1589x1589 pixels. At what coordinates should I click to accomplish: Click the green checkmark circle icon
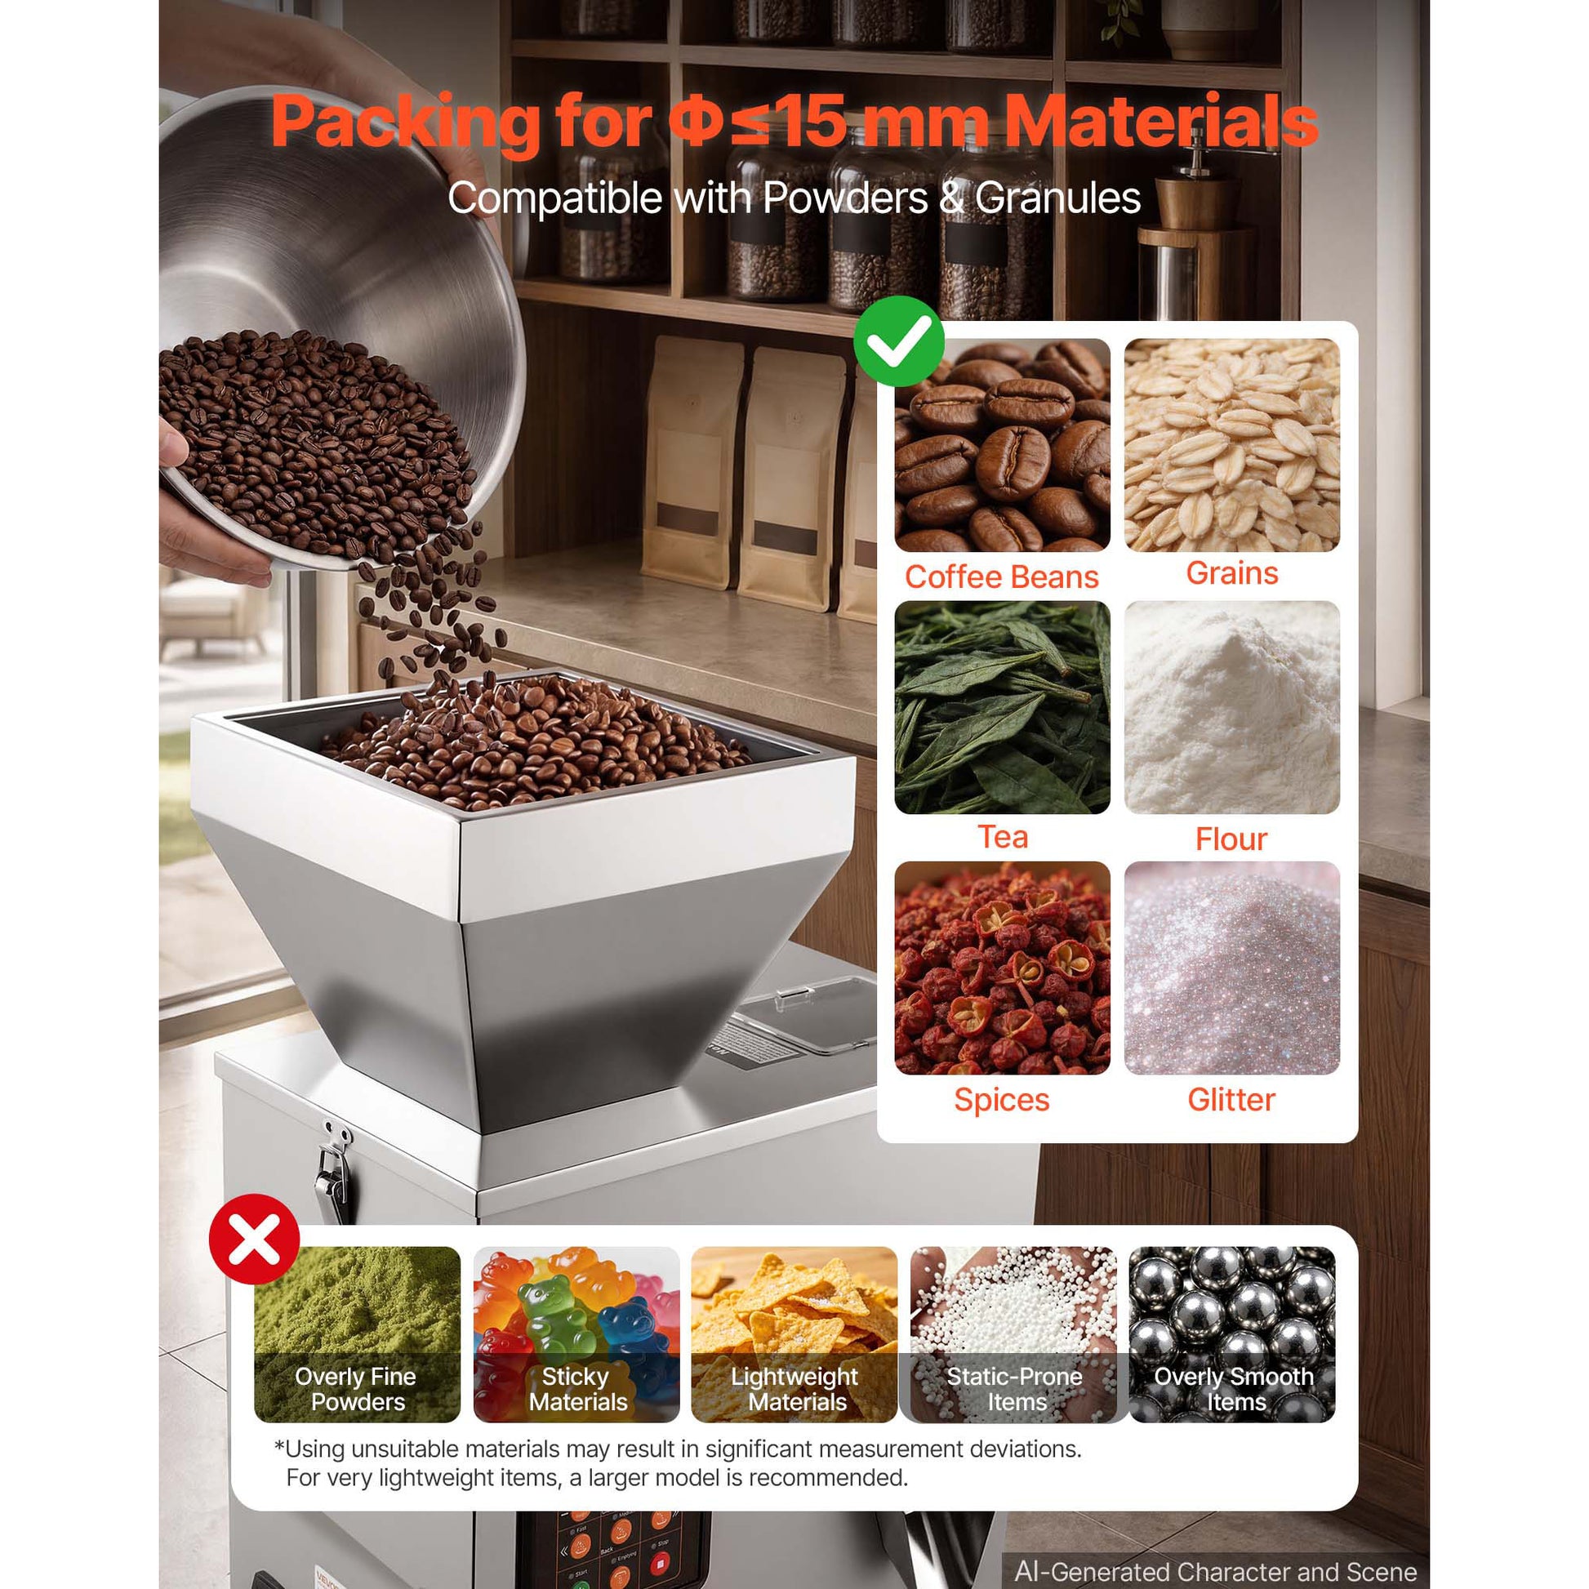point(898,341)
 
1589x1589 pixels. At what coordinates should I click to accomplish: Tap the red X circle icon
point(254,1239)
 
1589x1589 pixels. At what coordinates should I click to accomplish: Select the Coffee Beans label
point(1002,576)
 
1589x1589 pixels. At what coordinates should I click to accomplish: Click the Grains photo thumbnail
point(1231,445)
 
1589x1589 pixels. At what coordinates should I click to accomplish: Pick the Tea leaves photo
point(1002,707)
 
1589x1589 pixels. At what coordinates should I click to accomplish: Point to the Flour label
point(1231,839)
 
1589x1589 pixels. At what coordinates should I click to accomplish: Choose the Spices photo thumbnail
point(1002,968)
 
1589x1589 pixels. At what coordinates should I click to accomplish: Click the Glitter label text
point(1231,1100)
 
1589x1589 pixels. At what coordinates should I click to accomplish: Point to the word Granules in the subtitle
point(1057,198)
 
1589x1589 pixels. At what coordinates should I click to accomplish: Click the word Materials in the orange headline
point(1161,121)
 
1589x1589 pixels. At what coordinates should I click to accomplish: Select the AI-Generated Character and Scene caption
point(1216,1571)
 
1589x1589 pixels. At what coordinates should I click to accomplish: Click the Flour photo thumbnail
point(1231,707)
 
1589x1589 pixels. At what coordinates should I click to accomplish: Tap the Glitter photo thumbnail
point(1231,968)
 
